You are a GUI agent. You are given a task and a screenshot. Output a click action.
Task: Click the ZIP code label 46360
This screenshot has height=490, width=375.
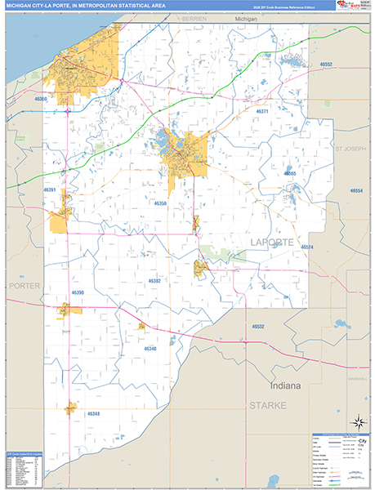tap(41, 99)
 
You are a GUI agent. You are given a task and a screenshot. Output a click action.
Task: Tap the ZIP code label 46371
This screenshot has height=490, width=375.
tap(262, 111)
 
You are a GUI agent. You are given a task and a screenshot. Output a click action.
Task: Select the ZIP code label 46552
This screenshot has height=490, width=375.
tap(326, 64)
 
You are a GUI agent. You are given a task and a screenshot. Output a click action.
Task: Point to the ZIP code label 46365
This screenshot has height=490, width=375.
tap(290, 174)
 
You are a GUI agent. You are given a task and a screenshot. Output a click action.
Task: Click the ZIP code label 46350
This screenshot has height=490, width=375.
tap(160, 203)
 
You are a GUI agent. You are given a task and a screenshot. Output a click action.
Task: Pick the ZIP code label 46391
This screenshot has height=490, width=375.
tap(50, 190)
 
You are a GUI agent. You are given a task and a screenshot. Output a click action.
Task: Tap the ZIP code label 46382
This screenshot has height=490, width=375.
tap(154, 280)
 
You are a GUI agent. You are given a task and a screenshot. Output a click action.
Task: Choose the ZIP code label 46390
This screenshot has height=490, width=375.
tap(78, 292)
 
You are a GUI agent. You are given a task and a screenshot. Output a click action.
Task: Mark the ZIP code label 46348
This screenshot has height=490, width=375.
tap(93, 414)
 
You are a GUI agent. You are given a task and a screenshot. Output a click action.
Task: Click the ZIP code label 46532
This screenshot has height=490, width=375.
tap(257, 326)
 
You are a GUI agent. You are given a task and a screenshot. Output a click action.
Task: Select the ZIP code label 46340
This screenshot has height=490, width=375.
tap(150, 348)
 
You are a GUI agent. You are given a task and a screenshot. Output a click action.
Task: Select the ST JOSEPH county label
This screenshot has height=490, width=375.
tap(350, 149)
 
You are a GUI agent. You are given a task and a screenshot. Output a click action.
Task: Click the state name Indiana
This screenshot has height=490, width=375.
tap(286, 385)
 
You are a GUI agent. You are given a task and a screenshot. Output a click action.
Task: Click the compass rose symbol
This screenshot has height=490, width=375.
tap(358, 422)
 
